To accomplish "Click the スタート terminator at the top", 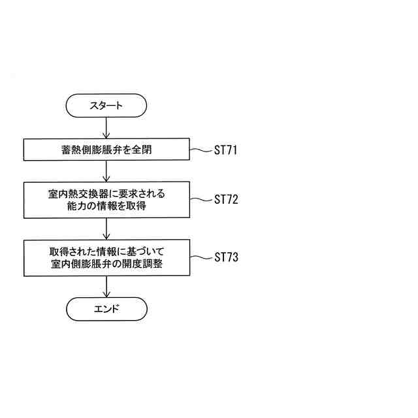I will click(106, 105).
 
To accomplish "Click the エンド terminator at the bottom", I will click(106, 309).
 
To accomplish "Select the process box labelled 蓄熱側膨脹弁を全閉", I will click(106, 150).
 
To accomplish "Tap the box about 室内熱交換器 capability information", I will click(106, 200).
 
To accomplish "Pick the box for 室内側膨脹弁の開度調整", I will click(106, 257).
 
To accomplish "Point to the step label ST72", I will click(225, 199).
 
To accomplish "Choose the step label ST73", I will click(225, 257).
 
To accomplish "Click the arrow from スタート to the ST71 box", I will click(106, 128).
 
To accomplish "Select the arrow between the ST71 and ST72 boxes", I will click(106, 171).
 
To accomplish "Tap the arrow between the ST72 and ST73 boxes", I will click(106, 229).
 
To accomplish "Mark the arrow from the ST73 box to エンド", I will click(106, 287).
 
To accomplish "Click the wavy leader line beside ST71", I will click(200, 150).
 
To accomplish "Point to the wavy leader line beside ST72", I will click(200, 199).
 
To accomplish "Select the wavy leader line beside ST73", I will click(200, 257).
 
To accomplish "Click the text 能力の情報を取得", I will click(106, 207).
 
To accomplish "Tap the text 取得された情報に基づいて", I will click(106, 251).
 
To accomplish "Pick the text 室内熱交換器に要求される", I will click(106, 193).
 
